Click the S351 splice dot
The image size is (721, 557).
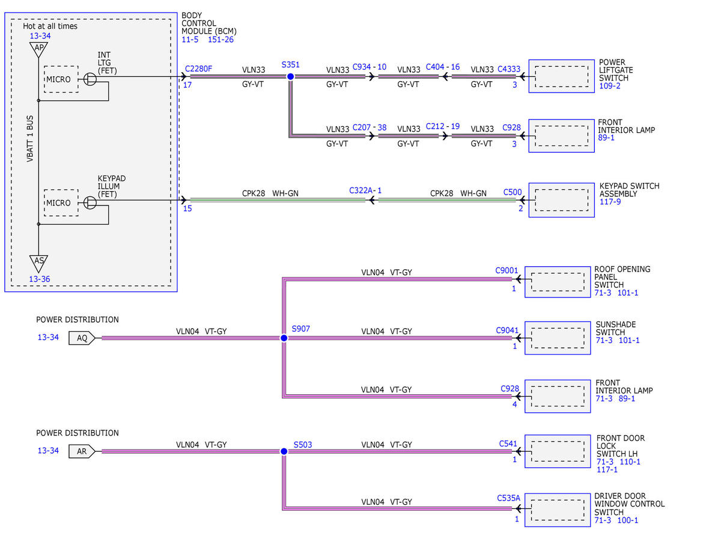pyautogui.click(x=290, y=77)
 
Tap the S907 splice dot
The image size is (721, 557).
pyautogui.click(x=284, y=338)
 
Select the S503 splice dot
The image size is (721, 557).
pyautogui.click(x=284, y=451)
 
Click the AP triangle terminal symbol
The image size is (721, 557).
pyautogui.click(x=38, y=49)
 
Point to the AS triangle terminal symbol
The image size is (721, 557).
pyautogui.click(x=38, y=263)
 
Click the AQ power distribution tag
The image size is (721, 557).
pyautogui.click(x=82, y=338)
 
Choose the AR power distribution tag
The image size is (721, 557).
pyautogui.click(x=82, y=451)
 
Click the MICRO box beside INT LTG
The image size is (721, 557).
pyautogui.click(x=61, y=79)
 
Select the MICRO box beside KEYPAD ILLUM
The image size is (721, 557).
pyautogui.click(x=61, y=202)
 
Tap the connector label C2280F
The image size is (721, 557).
pyautogui.click(x=198, y=68)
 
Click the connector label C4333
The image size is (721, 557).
pyautogui.click(x=509, y=69)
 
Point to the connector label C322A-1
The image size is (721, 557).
pyautogui.click(x=365, y=190)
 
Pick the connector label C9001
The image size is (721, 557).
pyautogui.click(x=507, y=270)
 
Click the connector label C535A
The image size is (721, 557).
pyautogui.click(x=509, y=498)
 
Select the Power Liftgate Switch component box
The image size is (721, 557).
pyautogui.click(x=561, y=76)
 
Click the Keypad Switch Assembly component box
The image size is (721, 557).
pyautogui.click(x=561, y=200)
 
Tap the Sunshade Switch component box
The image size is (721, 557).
pyautogui.click(x=558, y=338)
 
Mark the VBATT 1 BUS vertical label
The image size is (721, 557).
pyautogui.click(x=30, y=139)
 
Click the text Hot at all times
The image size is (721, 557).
pyautogui.click(x=50, y=26)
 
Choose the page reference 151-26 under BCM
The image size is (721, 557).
pyautogui.click(x=221, y=40)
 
